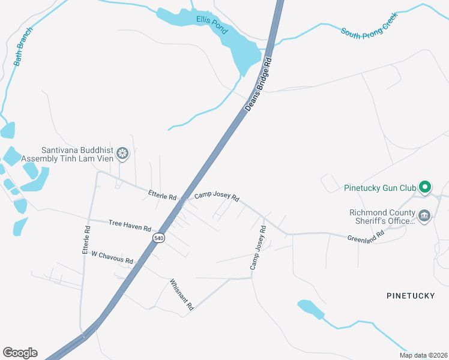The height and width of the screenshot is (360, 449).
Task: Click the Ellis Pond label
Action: tap(212, 25)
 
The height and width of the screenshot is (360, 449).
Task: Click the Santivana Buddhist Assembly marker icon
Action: tap(122, 154)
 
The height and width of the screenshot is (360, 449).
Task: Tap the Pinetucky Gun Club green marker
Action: tap(425, 188)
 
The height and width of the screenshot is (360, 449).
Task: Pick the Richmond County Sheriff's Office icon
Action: tap(424, 215)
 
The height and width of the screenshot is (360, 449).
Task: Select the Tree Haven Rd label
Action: tap(130, 225)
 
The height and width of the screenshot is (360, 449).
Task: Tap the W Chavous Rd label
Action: tap(112, 257)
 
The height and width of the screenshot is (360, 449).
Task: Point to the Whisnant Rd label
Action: tap(182, 294)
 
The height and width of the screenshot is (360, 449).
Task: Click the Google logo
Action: tap(20, 352)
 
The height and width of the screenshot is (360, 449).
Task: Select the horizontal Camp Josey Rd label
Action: tap(217, 197)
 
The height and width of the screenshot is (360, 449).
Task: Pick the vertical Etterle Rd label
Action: tap(86, 239)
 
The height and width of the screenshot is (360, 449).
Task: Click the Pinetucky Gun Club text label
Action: tap(380, 188)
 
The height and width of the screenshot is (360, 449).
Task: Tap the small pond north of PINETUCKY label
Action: tap(310, 309)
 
